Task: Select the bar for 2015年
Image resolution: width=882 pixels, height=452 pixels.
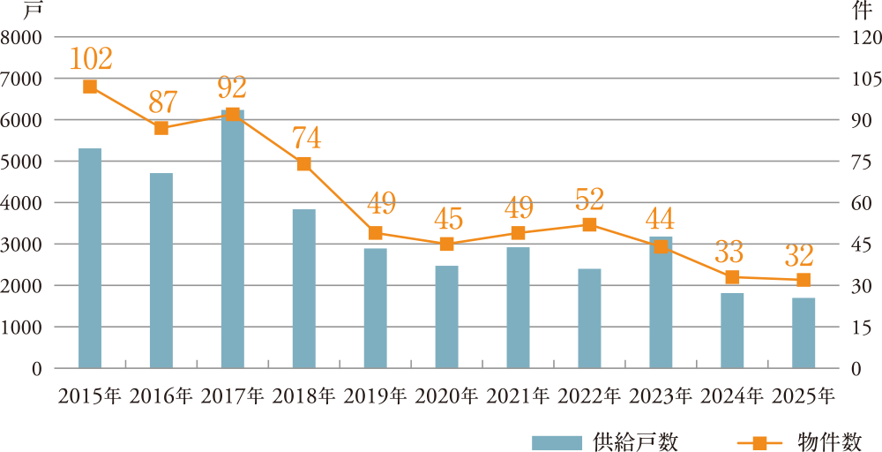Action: click(x=90, y=258)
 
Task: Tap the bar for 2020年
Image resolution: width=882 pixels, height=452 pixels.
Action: click(x=447, y=316)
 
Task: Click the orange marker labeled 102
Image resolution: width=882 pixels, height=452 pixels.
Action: click(x=90, y=86)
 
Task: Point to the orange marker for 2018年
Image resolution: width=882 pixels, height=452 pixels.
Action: click(x=304, y=163)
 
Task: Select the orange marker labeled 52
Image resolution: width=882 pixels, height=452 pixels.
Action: click(x=589, y=224)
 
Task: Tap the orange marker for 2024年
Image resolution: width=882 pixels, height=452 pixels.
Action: click(x=732, y=277)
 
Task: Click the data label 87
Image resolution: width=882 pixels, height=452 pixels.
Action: click(x=162, y=102)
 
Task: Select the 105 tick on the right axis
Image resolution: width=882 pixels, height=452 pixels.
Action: click(x=860, y=79)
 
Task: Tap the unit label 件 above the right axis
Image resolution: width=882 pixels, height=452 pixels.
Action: click(x=862, y=11)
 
